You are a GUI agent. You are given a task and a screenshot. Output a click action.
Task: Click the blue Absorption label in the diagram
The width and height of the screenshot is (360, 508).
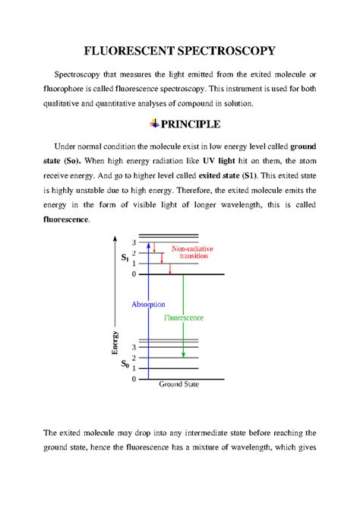coord(148,304)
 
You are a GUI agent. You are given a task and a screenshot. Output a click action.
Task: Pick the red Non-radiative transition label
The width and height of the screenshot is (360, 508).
coord(192,253)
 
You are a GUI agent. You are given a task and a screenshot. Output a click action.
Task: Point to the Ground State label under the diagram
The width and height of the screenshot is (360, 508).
coord(179,385)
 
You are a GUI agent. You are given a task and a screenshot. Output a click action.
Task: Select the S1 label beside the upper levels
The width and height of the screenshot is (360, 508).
coord(125,259)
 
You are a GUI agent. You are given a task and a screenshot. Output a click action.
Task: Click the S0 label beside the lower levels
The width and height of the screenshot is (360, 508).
coord(125,364)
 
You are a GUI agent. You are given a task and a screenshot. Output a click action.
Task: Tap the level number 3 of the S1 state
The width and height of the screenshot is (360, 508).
coord(134,242)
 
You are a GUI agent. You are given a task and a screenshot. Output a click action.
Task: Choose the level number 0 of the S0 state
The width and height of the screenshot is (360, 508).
coord(134,378)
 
